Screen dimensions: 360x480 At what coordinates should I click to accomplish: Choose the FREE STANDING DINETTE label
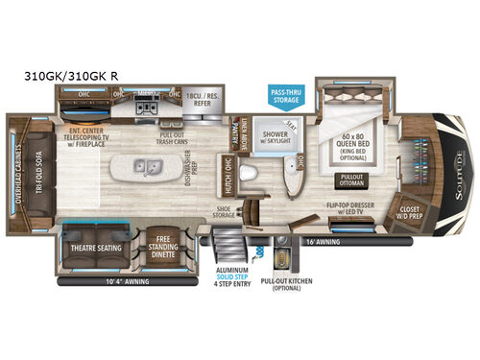168,248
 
